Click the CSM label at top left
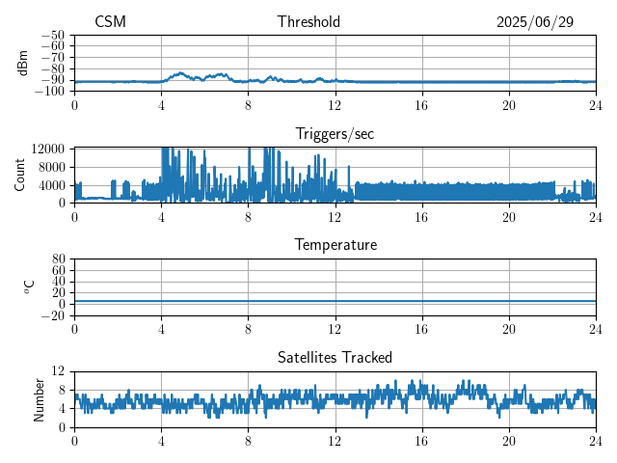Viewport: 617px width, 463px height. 110,22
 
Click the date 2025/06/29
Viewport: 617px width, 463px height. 535,22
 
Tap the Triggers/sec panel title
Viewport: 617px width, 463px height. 335,134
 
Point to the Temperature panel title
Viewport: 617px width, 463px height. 335,245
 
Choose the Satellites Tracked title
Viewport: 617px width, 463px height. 335,358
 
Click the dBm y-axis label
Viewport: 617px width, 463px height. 23,63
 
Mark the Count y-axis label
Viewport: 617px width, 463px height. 21,175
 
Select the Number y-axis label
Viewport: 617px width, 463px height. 40,398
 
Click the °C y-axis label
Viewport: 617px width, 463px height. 29,286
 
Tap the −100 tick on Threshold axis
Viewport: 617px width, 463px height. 51,92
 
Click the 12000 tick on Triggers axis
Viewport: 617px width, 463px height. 47,149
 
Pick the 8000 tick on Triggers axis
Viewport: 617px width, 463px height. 51,166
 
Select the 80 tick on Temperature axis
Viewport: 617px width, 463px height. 59,259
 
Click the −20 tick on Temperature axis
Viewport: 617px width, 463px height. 54,315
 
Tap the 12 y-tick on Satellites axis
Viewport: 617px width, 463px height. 59,371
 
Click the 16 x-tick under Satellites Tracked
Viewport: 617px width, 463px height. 422,441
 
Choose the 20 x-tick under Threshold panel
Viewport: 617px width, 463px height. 509,105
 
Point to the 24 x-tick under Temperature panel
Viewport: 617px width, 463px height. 596,329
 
